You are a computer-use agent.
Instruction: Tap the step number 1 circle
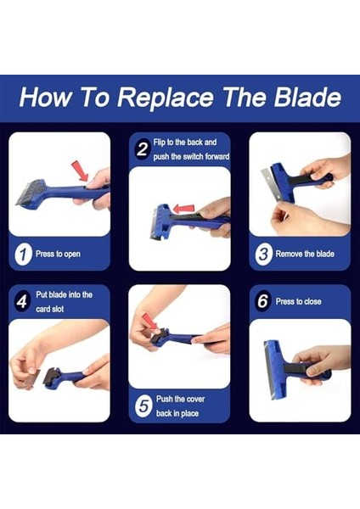25,253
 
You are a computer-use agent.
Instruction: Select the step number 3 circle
263,253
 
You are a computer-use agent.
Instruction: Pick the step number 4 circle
23,302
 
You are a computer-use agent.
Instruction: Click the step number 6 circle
262,301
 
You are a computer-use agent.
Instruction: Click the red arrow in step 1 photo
79,172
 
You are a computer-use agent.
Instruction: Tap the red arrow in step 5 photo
149,321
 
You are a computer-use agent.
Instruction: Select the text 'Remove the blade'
307,253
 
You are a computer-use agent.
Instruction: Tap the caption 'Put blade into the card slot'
65,302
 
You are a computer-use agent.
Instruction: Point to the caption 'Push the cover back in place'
181,406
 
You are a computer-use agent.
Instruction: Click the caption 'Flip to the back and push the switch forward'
187,149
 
